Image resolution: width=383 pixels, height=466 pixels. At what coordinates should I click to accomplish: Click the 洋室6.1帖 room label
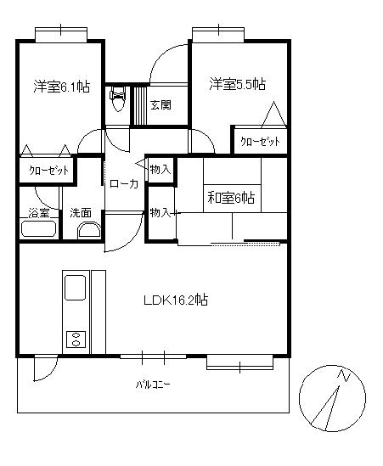point(61,87)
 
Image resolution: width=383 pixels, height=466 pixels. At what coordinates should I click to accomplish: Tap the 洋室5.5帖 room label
point(237,84)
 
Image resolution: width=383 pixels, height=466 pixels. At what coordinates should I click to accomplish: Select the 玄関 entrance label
point(161,105)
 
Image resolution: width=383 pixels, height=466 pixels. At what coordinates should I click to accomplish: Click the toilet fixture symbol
point(118,99)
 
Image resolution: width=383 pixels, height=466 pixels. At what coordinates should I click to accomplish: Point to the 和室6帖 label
point(231,198)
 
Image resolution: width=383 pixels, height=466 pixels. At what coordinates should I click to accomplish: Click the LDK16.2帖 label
point(176,300)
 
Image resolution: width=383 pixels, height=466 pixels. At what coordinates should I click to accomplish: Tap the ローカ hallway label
point(124,184)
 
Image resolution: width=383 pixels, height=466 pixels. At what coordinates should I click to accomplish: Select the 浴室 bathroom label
point(39,213)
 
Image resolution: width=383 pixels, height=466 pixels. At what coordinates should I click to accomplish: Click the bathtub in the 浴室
point(39,228)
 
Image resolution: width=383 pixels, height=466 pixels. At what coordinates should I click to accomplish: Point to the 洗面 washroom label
point(81,213)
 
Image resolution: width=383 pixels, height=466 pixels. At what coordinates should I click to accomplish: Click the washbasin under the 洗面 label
point(89,232)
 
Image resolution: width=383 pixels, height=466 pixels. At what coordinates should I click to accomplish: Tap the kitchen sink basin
point(76,288)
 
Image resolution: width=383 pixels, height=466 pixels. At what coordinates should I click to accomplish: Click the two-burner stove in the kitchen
point(76,339)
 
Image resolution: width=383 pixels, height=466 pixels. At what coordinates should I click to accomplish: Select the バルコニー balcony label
point(153,385)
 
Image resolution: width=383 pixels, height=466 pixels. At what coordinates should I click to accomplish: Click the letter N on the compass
point(344,376)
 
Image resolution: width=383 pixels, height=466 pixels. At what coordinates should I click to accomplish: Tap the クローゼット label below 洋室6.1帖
point(48,171)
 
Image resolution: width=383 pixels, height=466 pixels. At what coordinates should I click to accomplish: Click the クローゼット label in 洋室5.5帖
point(260,141)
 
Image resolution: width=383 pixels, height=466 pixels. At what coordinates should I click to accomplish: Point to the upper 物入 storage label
point(161,170)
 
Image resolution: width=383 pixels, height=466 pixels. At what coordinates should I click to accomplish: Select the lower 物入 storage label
point(161,213)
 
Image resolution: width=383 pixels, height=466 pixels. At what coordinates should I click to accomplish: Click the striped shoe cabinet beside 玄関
point(140,105)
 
